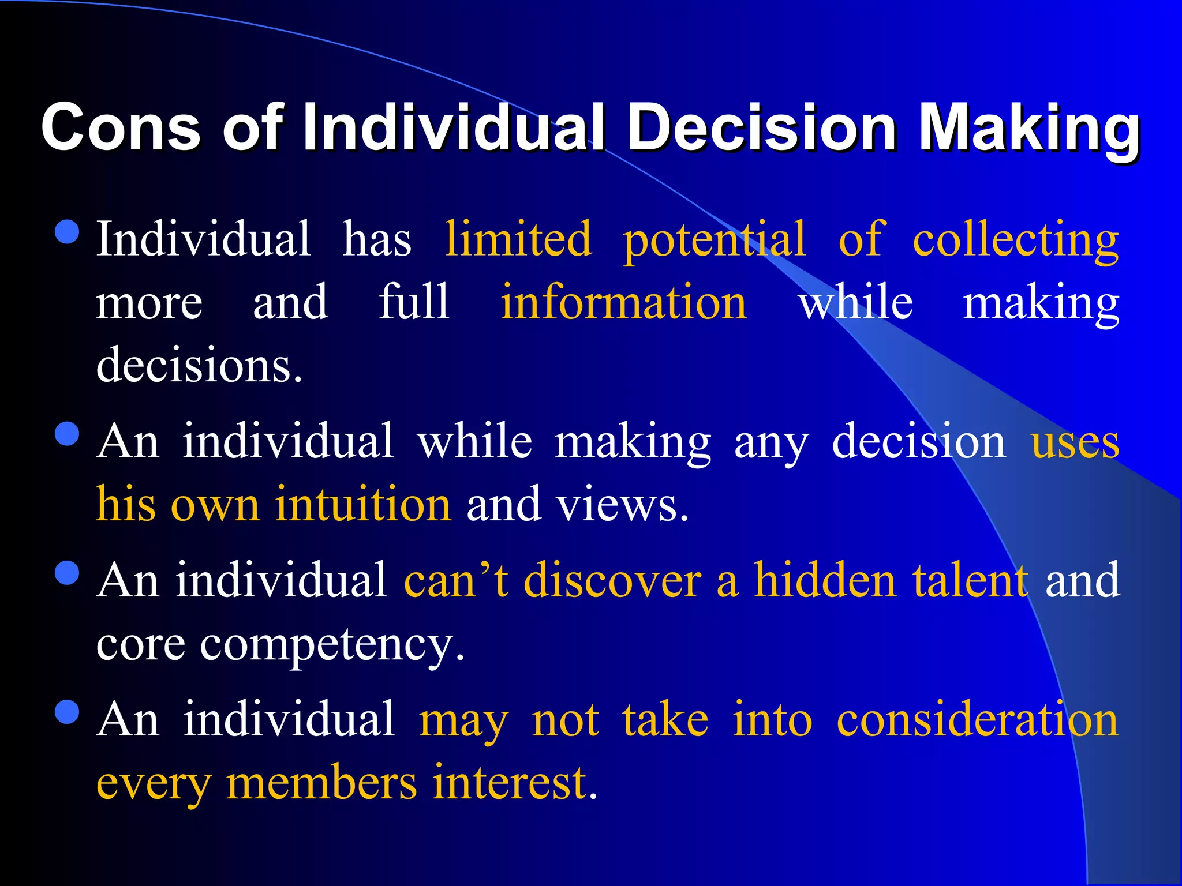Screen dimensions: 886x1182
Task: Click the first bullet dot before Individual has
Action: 67,232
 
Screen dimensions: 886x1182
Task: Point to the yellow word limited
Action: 518,239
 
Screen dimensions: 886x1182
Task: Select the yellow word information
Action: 623,302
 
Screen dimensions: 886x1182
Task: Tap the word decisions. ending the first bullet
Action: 199,366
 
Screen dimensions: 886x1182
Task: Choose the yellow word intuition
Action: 363,504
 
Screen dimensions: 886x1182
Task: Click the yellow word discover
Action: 612,580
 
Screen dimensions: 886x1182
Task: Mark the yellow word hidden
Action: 825,580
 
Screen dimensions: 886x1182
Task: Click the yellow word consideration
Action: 978,720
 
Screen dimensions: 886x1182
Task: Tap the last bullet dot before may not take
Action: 67,712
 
